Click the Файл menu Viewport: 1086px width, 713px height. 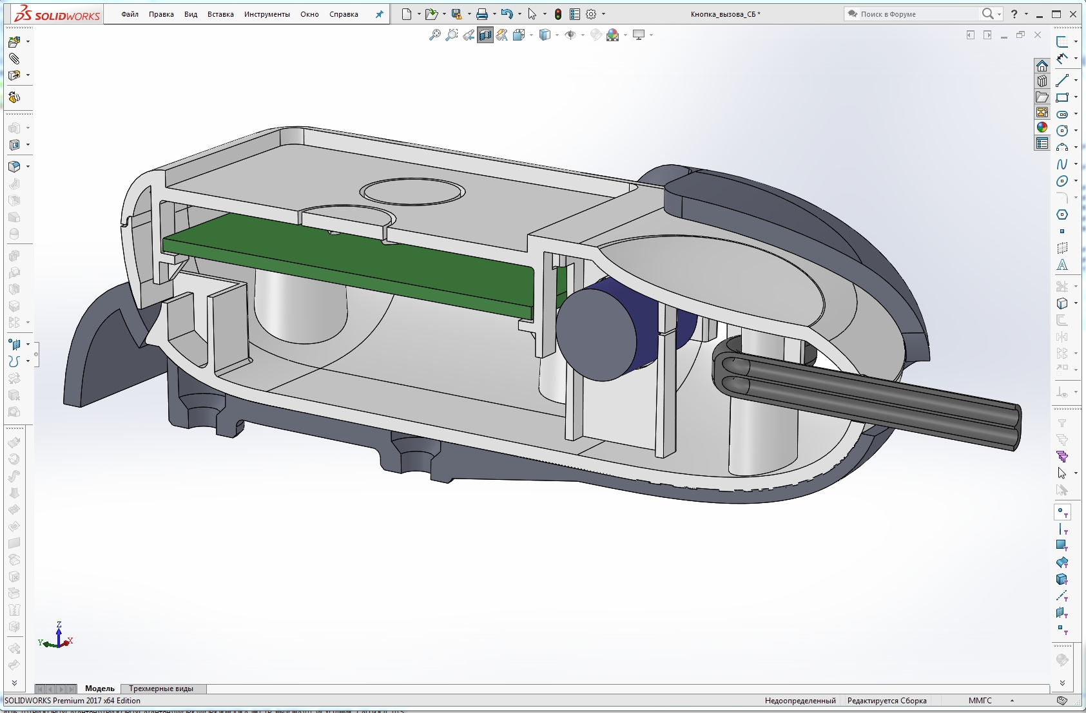pos(130,14)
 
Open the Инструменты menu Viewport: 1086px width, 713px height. pos(267,14)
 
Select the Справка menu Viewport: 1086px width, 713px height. pos(344,14)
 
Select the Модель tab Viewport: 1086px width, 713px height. pos(99,689)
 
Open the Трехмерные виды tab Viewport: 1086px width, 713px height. pos(161,689)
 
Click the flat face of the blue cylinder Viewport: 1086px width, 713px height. pos(596,335)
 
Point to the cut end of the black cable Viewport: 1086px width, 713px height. pos(1017,426)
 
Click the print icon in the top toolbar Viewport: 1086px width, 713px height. pos(481,14)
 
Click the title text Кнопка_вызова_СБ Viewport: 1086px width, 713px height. pos(724,14)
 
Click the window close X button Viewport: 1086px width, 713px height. pos(1073,14)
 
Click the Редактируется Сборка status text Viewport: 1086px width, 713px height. pos(887,701)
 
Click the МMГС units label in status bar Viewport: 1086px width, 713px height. pos(980,701)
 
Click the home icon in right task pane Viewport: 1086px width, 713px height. pos(1042,66)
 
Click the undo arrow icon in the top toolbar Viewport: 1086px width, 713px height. pos(506,14)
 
